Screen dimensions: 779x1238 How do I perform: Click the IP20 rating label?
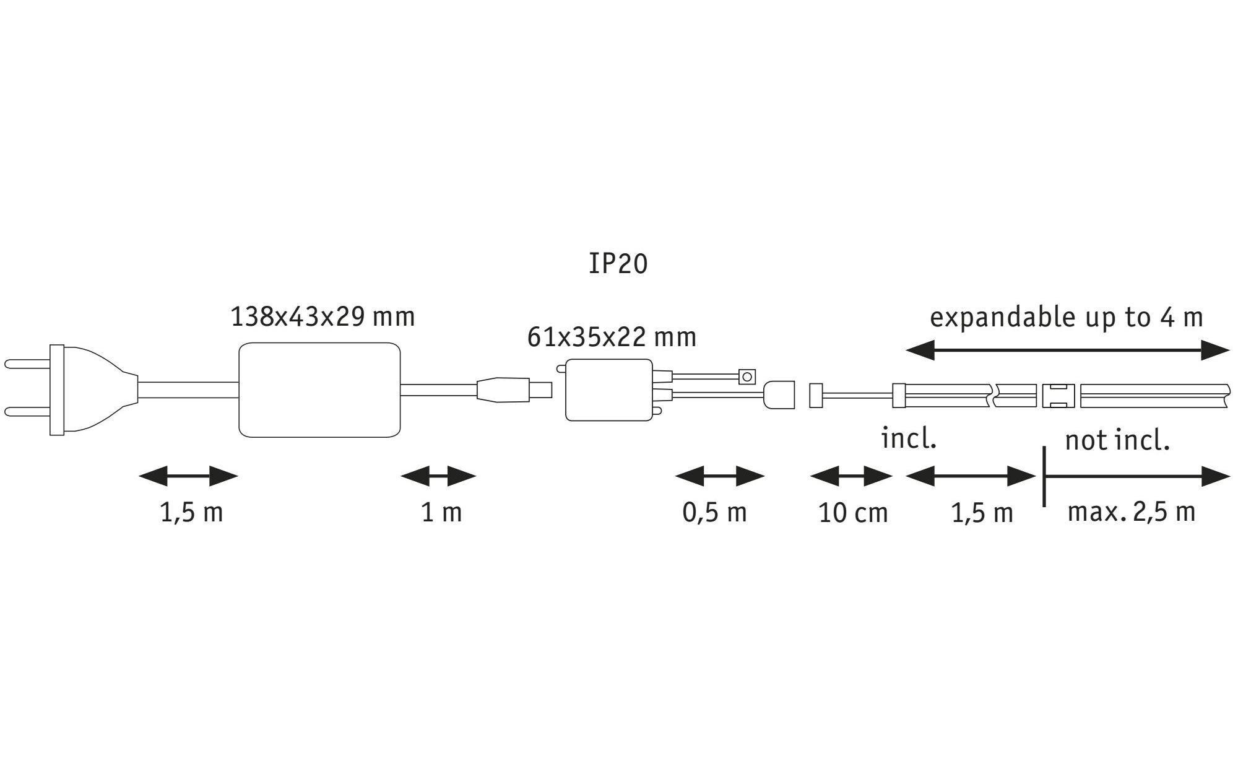(x=618, y=264)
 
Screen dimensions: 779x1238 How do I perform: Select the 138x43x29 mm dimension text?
(x=322, y=317)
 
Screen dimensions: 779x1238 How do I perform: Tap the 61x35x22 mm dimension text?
(x=612, y=337)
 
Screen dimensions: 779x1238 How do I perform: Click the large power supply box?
(x=319, y=390)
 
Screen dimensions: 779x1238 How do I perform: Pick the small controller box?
(x=609, y=390)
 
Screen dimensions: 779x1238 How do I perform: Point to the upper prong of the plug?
(x=28, y=363)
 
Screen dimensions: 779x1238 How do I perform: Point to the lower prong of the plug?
(x=28, y=411)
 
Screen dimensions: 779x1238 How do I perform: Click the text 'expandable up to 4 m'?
(x=1066, y=318)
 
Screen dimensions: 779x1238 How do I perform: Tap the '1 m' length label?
(x=441, y=513)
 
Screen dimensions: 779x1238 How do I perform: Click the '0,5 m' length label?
(x=714, y=513)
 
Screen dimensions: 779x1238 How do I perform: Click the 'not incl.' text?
(x=1117, y=441)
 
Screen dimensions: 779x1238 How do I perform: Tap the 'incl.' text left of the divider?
(x=909, y=439)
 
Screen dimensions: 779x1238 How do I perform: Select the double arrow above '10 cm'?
(x=851, y=477)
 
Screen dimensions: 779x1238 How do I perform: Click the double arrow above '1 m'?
(x=438, y=477)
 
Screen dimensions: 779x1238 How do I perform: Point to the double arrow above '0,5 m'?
(x=720, y=477)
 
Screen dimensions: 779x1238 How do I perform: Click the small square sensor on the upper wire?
(x=748, y=376)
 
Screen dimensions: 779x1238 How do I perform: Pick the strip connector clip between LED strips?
(x=1058, y=396)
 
